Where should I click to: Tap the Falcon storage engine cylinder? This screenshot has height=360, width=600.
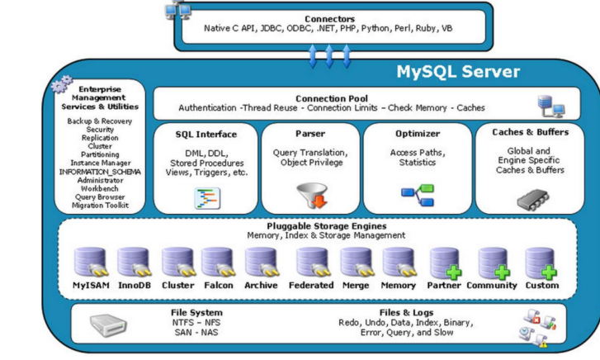click(x=220, y=263)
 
